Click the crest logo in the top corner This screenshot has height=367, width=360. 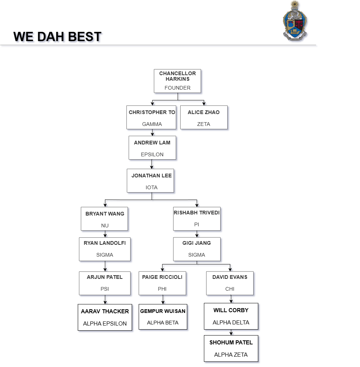(x=295, y=21)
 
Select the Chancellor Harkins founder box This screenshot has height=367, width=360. (x=177, y=81)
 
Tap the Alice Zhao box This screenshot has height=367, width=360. (x=204, y=117)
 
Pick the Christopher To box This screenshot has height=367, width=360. (x=151, y=117)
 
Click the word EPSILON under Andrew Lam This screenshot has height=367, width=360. (x=152, y=154)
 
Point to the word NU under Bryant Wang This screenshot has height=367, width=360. (x=105, y=226)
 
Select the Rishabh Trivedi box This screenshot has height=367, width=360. (x=197, y=219)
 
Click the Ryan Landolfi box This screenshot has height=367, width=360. (x=105, y=249)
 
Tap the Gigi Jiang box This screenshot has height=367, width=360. (x=197, y=249)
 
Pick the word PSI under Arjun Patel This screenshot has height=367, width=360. (x=105, y=289)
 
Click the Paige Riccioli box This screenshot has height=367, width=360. (x=162, y=283)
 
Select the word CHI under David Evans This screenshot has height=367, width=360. (x=230, y=289)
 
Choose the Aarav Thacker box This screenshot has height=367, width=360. (x=105, y=317)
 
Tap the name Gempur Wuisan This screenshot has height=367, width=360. (x=163, y=311)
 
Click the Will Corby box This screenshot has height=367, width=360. (x=231, y=316)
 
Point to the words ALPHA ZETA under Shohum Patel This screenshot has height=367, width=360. (x=231, y=354)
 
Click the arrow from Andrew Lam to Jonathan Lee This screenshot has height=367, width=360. (x=152, y=164)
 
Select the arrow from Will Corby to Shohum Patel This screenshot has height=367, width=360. (x=231, y=333)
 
